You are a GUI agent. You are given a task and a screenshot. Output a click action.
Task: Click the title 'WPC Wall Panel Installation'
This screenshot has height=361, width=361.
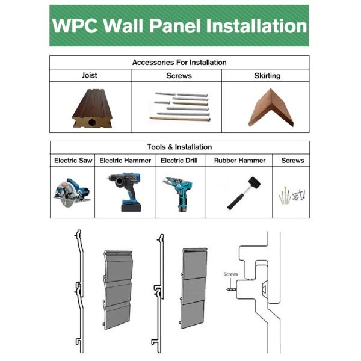[179, 26]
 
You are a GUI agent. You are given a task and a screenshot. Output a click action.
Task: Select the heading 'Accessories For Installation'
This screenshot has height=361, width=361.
[179, 63]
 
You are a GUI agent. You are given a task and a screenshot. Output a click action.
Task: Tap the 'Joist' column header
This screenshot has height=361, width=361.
[90, 76]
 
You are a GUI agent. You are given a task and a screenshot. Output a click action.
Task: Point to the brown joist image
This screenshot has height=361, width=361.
[90, 108]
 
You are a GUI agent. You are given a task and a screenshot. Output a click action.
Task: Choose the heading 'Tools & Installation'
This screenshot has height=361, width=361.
[179, 147]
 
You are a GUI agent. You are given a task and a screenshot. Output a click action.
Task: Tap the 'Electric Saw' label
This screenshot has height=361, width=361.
[73, 161]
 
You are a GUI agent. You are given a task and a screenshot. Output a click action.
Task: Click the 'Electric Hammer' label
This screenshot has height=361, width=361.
[125, 161]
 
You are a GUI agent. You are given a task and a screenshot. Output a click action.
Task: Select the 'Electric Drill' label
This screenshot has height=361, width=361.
[180, 161]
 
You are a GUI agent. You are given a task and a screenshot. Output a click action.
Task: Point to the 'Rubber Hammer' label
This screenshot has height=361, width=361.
[239, 161]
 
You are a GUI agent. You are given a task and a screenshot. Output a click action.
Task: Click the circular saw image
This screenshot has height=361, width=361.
[72, 191]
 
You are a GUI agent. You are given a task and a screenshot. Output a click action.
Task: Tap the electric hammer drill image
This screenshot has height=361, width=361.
[126, 191]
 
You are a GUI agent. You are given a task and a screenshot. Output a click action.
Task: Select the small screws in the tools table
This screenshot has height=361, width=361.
[291, 195]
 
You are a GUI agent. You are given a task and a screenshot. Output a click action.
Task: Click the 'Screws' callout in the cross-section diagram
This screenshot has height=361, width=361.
[231, 274]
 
